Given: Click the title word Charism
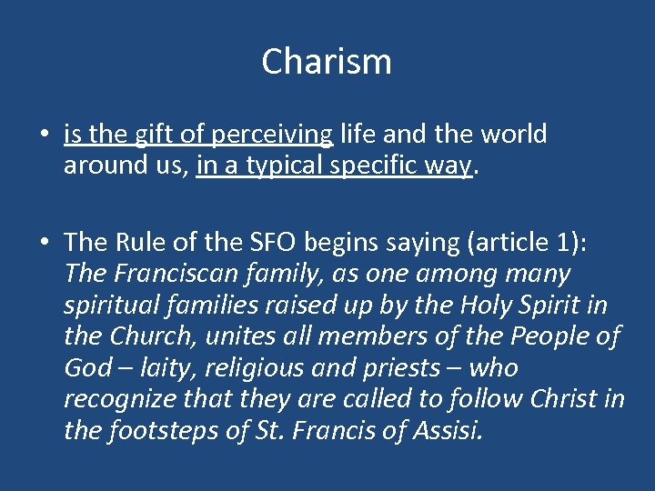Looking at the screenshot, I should [327, 62].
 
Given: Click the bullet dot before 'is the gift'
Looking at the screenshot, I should [45, 135].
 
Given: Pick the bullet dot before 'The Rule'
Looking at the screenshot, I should [45, 242].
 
